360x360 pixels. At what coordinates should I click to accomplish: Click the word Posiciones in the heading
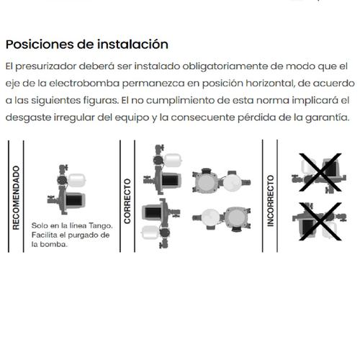[40, 45]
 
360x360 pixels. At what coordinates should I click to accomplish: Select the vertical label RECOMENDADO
[16, 197]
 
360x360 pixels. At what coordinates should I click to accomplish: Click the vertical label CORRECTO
[127, 201]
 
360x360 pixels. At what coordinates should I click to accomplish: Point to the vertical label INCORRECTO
[271, 201]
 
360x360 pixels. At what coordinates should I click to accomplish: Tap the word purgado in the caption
[81, 235]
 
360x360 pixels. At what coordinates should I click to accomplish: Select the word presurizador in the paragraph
[46, 66]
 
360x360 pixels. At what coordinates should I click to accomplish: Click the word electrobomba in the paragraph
[84, 84]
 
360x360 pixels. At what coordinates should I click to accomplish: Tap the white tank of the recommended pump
[77, 181]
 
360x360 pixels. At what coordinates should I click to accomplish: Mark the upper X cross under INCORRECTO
[320, 172]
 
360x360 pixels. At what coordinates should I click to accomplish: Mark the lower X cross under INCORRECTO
[320, 221]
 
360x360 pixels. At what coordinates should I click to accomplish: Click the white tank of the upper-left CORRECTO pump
[173, 161]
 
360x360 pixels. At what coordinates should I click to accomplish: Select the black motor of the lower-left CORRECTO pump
[153, 212]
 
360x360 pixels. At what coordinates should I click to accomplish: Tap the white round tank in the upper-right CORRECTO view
[233, 183]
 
